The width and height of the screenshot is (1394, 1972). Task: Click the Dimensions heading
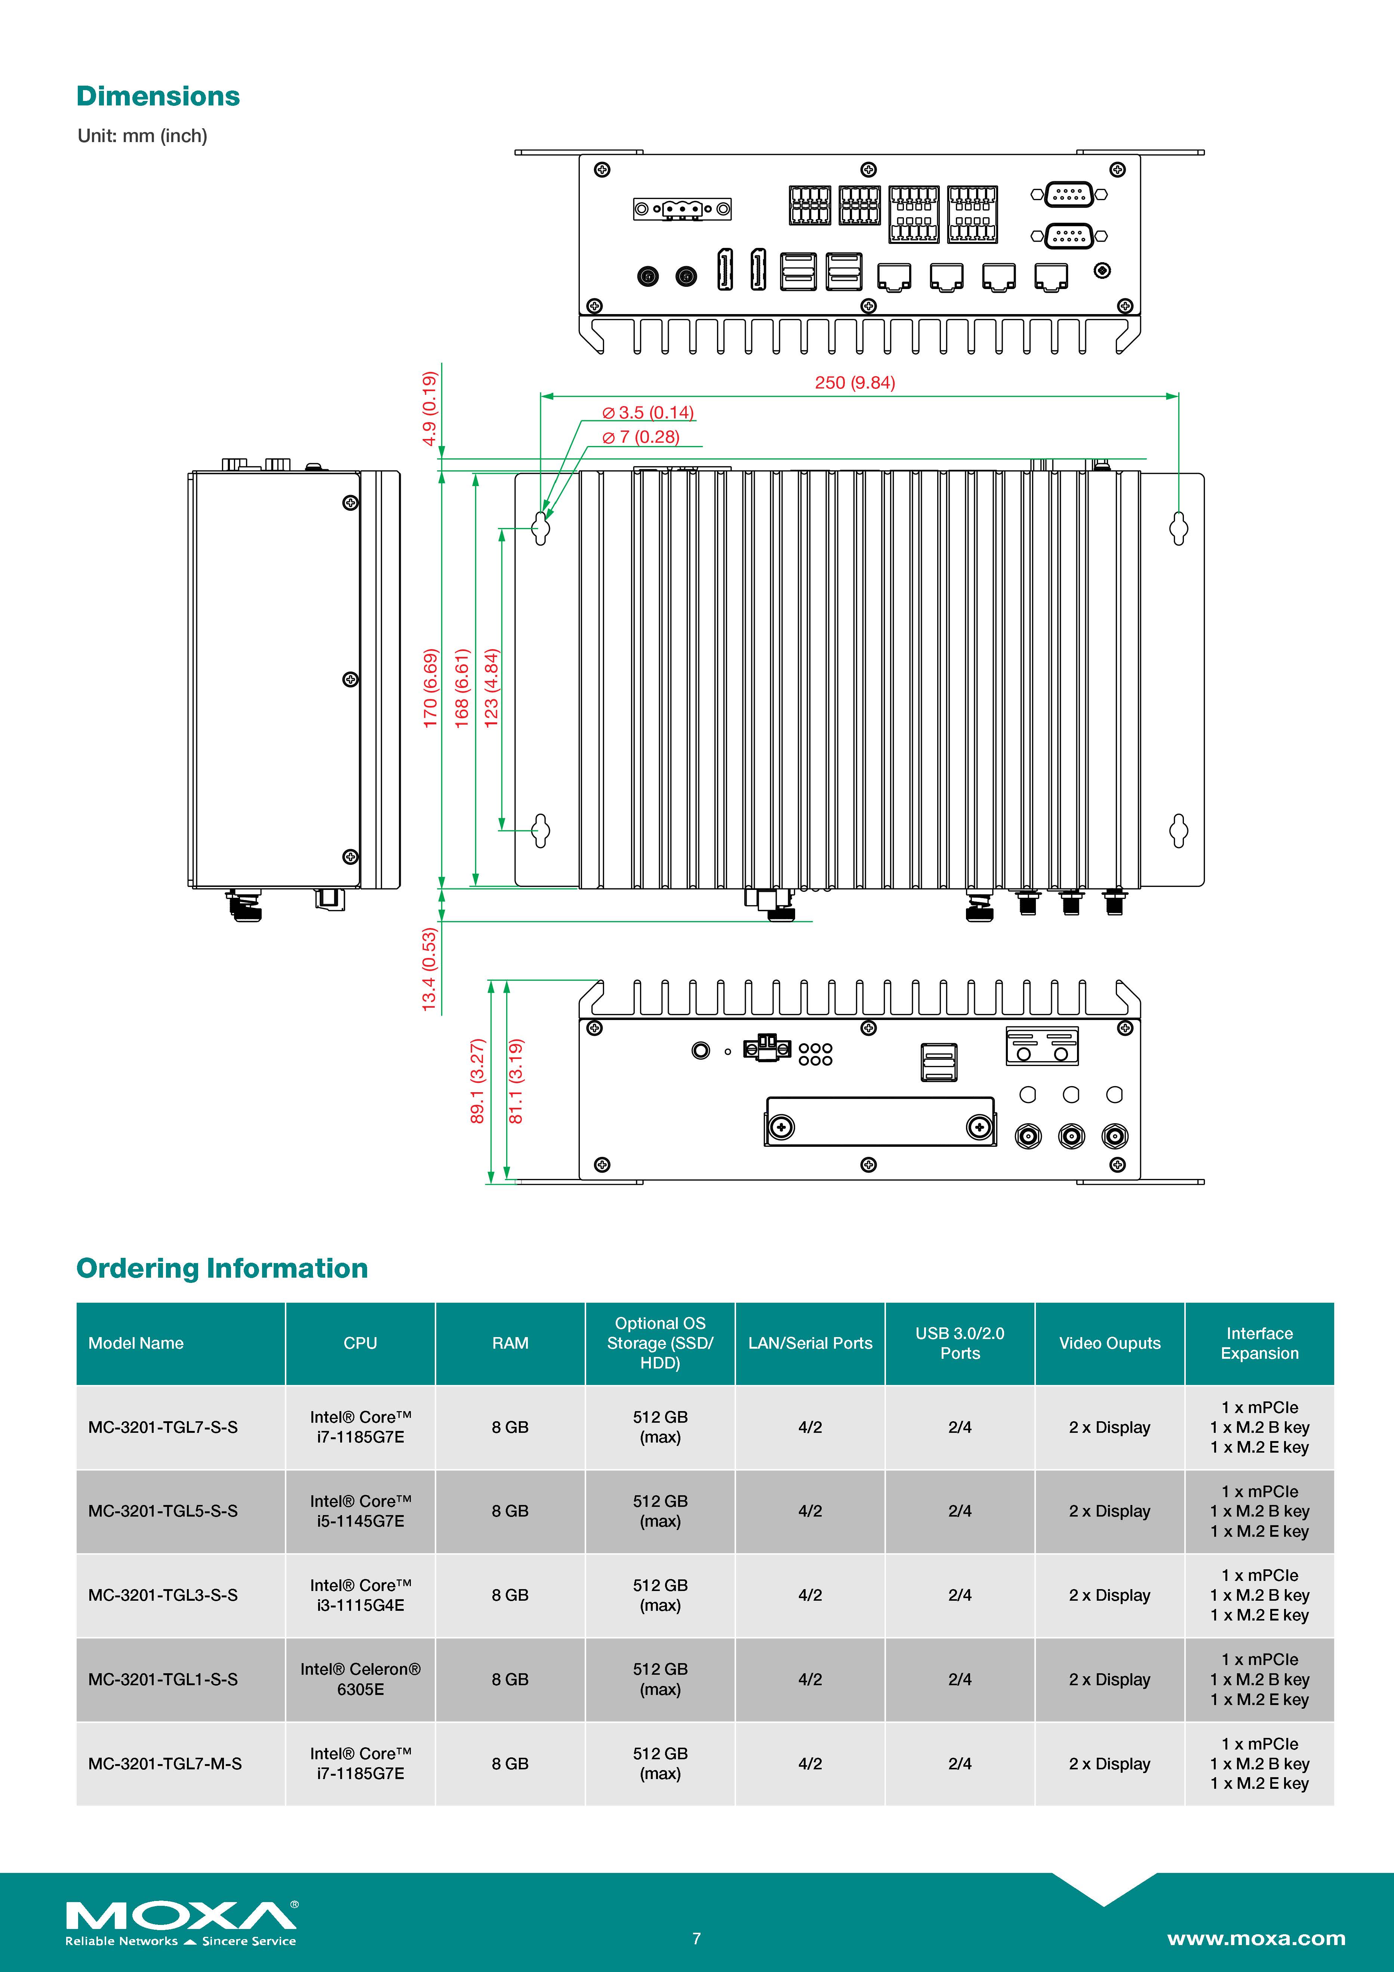pos(158,96)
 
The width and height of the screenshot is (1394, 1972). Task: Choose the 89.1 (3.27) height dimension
pos(477,1081)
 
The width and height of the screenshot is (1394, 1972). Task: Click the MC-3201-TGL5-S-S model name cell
pos(163,1511)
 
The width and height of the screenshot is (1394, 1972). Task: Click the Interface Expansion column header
pos(1259,1343)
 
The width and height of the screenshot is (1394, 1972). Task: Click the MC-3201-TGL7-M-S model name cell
pos(165,1763)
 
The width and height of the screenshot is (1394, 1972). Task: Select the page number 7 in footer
pos(696,1938)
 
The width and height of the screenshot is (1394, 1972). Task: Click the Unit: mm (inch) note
pos(142,136)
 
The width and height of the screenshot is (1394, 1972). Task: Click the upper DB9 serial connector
pos(1070,195)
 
